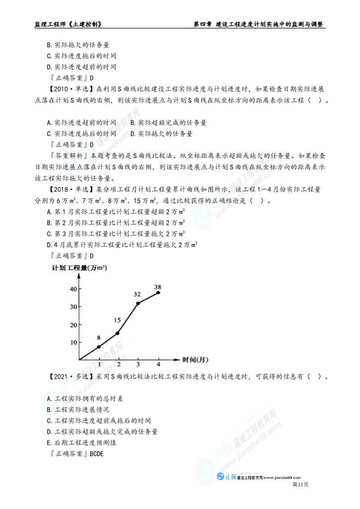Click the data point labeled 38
158,292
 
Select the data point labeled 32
138,304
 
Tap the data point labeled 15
118,333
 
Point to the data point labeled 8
99,347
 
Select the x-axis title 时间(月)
194,360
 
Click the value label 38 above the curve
157,286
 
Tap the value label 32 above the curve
137,295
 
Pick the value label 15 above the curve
117,321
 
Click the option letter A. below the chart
50,399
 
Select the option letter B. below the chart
50,410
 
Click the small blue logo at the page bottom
227,478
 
